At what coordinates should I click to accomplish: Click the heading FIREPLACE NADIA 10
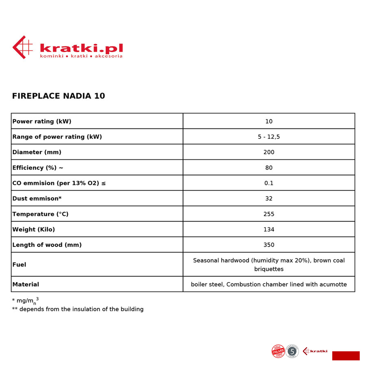(x=59, y=96)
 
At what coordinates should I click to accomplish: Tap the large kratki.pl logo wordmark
(x=81, y=48)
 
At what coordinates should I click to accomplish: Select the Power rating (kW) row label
(x=42, y=121)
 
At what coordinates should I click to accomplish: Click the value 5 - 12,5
(x=269, y=137)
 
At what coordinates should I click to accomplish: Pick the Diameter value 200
(x=269, y=152)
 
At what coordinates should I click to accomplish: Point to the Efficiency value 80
(x=269, y=168)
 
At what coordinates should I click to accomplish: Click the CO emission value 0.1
(x=269, y=183)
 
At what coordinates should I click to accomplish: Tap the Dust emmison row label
(x=37, y=199)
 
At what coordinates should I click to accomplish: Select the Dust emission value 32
(x=269, y=199)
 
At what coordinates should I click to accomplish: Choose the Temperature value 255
(x=269, y=214)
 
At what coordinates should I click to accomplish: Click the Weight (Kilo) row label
(x=34, y=229)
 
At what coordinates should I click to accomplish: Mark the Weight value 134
(x=269, y=229)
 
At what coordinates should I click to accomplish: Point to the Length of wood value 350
(x=269, y=245)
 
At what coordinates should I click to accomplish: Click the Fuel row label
(x=19, y=264)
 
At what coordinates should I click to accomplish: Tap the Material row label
(x=26, y=284)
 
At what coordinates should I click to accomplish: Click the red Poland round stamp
(x=278, y=351)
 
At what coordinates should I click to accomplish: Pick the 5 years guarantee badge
(x=292, y=351)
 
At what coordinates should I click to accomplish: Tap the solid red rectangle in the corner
(x=346, y=356)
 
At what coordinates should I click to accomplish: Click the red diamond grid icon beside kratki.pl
(x=23, y=47)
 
